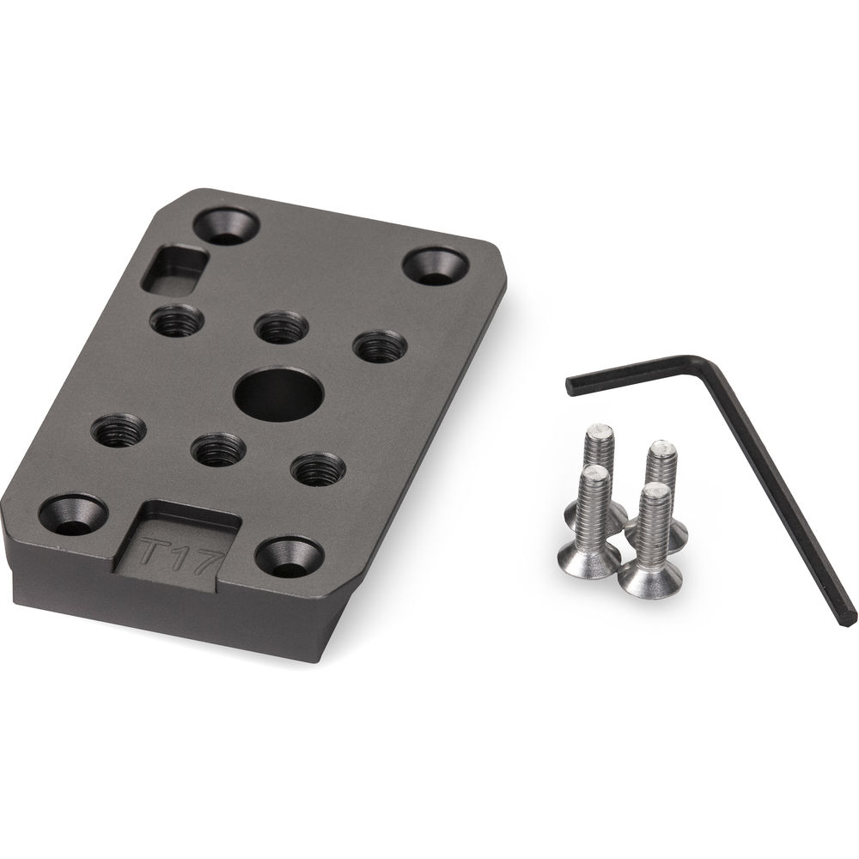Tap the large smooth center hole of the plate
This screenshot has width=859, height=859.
pyautogui.click(x=279, y=393)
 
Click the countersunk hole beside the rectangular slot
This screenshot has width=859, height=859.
pyautogui.click(x=225, y=225)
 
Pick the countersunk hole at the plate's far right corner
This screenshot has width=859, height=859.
pyautogui.click(x=436, y=265)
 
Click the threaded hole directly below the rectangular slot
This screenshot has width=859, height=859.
pyautogui.click(x=177, y=320)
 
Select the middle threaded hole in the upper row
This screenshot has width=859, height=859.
pyautogui.click(x=280, y=328)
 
